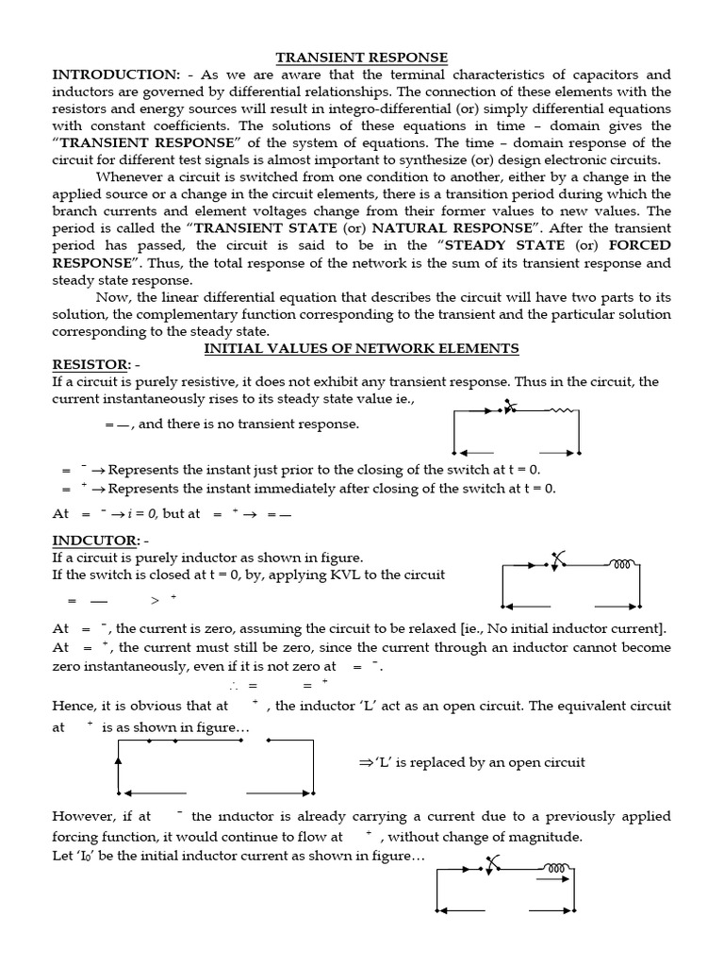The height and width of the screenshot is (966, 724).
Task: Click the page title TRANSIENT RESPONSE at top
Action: (x=361, y=58)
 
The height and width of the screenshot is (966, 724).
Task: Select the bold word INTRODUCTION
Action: (x=110, y=75)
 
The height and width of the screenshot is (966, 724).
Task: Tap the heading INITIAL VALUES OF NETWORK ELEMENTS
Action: (x=362, y=348)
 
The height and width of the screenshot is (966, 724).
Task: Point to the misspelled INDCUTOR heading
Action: (x=93, y=541)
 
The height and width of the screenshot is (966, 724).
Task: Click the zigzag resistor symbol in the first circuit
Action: (x=562, y=411)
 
